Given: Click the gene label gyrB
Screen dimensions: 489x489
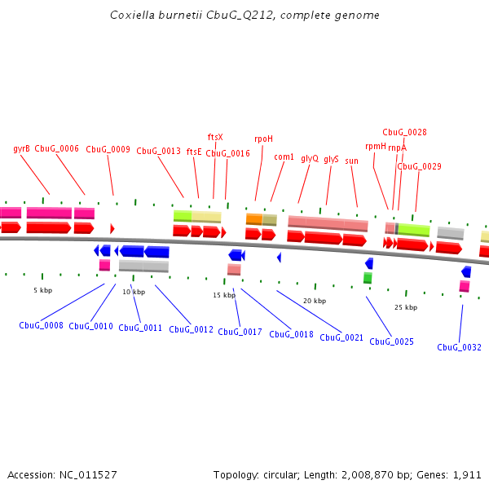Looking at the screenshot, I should pyautogui.click(x=22, y=149).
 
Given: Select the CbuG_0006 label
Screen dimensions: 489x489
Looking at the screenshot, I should pyautogui.click(x=57, y=149).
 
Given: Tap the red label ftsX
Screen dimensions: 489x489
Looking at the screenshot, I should pyautogui.click(x=215, y=137).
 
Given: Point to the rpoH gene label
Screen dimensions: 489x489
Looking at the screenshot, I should pyautogui.click(x=264, y=139).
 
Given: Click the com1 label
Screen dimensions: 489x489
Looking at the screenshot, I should pyautogui.click(x=284, y=156).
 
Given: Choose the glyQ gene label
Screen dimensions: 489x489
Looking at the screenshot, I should pyautogui.click(x=310, y=158).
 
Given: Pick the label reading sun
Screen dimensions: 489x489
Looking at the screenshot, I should pyautogui.click(x=352, y=161).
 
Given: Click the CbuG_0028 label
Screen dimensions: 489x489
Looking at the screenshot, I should pyautogui.click(x=404, y=132).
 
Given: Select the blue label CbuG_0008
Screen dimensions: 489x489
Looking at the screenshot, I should pyautogui.click(x=41, y=325).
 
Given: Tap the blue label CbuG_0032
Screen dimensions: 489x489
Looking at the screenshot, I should pyautogui.click(x=459, y=347).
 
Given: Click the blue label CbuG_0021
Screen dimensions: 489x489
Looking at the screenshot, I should pyautogui.click(x=341, y=337).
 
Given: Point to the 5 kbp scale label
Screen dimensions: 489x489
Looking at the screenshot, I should pyautogui.click(x=42, y=290).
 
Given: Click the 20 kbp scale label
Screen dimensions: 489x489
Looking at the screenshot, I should pyautogui.click(x=315, y=301).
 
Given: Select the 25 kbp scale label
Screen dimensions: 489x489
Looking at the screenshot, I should pyautogui.click(x=406, y=307).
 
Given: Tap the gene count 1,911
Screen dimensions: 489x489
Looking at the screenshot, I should pyautogui.click(x=466, y=474).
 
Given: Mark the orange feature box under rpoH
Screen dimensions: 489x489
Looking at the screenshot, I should pyautogui.click(x=253, y=219).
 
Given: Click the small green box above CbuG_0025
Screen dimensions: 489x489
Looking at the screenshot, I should pyautogui.click(x=368, y=278).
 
